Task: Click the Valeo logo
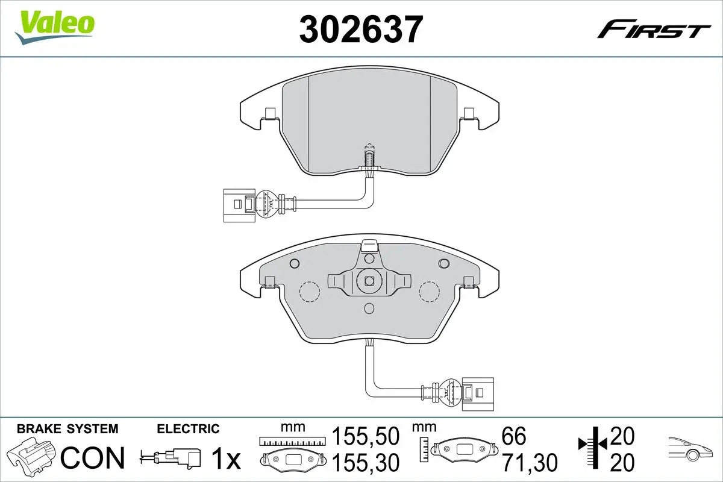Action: tap(55, 27)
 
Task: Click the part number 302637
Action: tap(361, 30)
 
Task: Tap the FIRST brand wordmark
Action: tap(654, 33)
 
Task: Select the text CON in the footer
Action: tap(93, 458)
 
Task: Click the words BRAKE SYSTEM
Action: tap(67, 429)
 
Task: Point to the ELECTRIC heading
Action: tap(188, 429)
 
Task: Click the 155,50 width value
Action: tap(366, 436)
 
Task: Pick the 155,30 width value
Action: tap(366, 463)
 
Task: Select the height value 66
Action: tap(514, 436)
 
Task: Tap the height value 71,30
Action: tap(530, 463)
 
